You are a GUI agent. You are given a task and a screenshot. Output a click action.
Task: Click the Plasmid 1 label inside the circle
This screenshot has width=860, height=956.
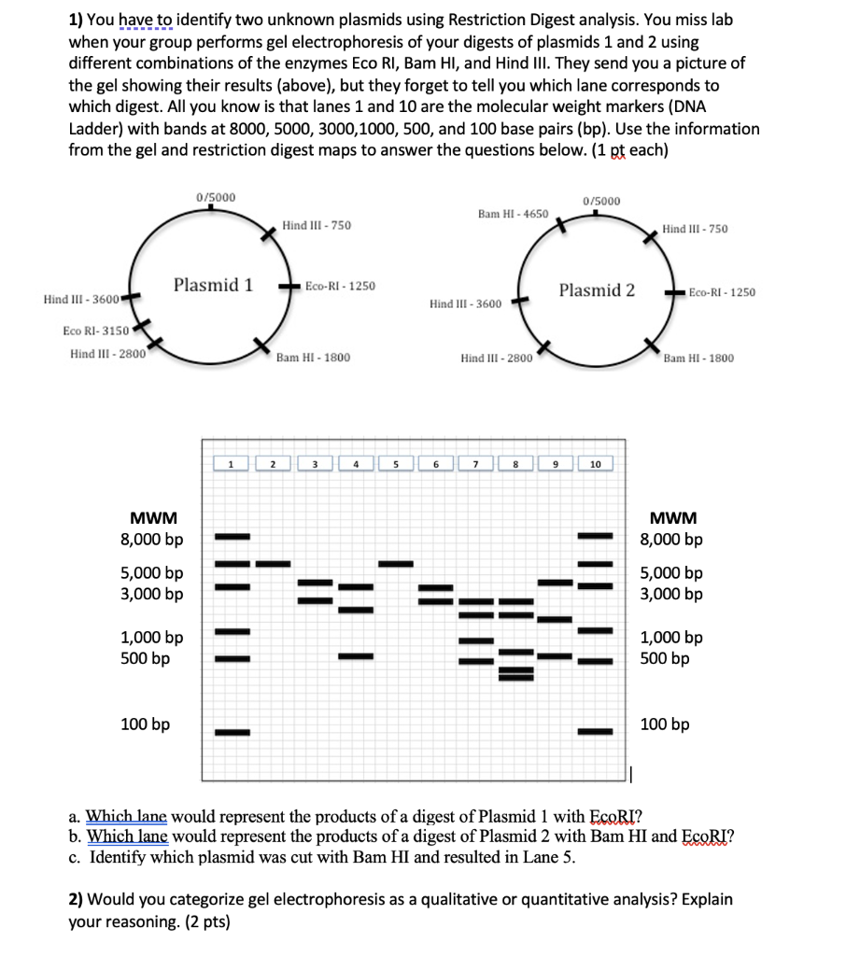point(213,285)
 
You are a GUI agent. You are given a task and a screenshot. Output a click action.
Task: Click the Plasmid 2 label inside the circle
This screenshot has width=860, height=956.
point(597,290)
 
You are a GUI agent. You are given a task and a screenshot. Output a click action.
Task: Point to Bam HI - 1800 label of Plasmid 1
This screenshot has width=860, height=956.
point(313,358)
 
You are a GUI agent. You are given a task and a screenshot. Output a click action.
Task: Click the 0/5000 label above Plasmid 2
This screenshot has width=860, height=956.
point(600,201)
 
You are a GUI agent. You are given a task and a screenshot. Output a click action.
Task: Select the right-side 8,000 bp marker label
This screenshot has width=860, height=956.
point(671,540)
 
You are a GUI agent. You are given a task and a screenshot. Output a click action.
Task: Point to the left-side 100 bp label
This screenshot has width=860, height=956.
point(146,724)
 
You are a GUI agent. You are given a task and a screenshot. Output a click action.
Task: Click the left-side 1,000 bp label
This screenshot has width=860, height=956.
point(152,639)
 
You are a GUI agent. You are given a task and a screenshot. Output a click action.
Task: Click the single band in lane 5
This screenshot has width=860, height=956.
point(396,563)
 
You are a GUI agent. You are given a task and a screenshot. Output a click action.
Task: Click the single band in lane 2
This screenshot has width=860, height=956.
point(273,563)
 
